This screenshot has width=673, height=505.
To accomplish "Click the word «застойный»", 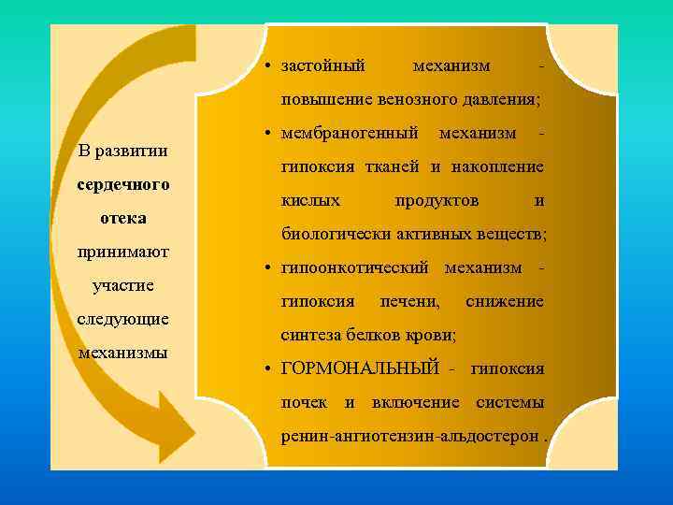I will [x=323, y=66].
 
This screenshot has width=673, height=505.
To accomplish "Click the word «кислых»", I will [x=310, y=201].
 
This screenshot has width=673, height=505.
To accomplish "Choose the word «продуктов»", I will [x=437, y=201].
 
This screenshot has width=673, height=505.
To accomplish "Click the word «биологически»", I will [x=329, y=234].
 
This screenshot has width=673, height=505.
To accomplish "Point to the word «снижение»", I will [x=504, y=302].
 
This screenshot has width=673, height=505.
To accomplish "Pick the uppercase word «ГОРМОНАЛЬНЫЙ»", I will [x=360, y=369].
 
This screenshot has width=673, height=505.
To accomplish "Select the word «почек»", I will [x=304, y=402].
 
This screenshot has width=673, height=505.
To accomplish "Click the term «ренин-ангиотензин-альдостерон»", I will [x=409, y=436].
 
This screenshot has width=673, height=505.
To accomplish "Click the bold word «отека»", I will [x=122, y=218].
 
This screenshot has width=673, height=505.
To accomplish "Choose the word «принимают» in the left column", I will [x=122, y=252].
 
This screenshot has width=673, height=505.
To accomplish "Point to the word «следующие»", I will [x=122, y=319].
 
